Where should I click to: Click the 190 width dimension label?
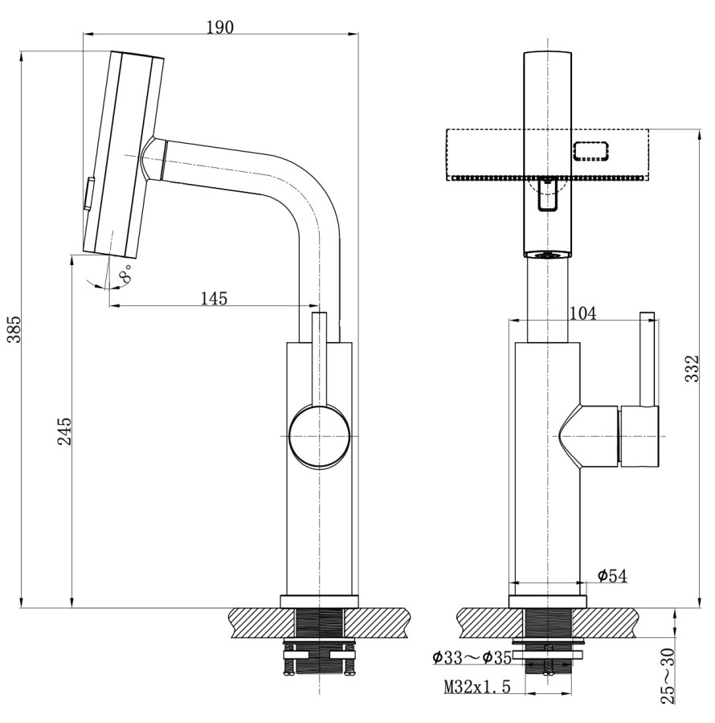219,27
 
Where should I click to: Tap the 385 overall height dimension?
14,329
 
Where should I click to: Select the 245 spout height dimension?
65,431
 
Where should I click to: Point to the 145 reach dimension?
214,298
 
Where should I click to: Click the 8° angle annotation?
126,277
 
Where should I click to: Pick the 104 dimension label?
582,313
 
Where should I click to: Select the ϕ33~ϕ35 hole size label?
472,658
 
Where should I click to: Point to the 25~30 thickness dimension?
668,677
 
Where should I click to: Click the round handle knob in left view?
319,435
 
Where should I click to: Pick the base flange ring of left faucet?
319,601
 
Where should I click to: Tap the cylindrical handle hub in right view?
638,435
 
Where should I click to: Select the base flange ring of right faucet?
548,601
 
